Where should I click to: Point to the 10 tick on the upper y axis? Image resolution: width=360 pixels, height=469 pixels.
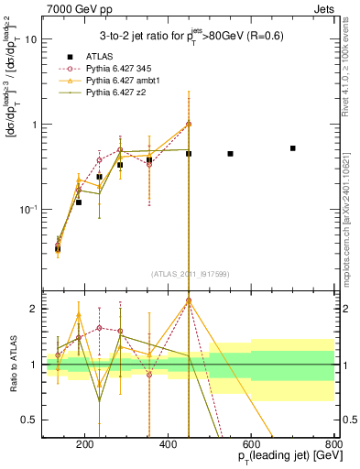[32, 39]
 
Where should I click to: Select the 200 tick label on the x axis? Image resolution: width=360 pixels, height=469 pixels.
[85, 446]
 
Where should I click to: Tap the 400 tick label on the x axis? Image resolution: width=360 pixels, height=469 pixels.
[169, 446]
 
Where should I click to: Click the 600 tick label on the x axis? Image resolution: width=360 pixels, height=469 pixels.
[251, 446]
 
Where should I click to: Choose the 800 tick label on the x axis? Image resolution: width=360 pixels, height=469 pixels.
[333, 446]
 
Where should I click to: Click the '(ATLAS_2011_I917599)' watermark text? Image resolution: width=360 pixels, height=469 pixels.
[188, 273]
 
